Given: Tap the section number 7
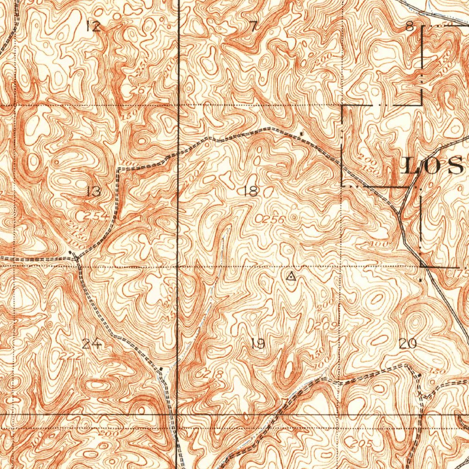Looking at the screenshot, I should [x=254, y=27].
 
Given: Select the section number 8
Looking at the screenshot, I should [x=410, y=27].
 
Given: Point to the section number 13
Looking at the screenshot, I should [x=93, y=191].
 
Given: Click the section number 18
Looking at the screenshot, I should [x=251, y=191].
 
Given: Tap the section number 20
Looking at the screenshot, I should [x=408, y=344].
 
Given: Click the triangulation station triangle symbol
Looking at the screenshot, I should [x=291, y=276].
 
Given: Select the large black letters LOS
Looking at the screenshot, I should [x=433, y=166].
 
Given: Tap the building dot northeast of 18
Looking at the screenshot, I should [x=301, y=133].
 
